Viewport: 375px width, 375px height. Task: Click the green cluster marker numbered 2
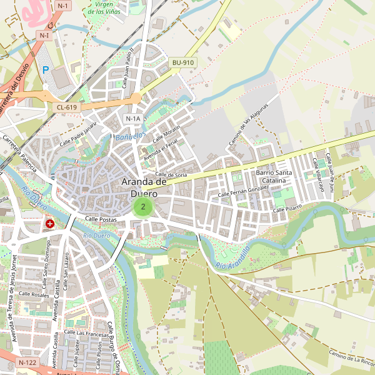pyautogui.click(x=144, y=206)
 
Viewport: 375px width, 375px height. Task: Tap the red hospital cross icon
pyautogui.click(x=49, y=223)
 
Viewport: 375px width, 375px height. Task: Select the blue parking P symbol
pyautogui.click(x=45, y=71)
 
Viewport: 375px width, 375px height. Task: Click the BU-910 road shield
pyautogui.click(x=183, y=62)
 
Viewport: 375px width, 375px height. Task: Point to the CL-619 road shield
pyautogui.click(x=66, y=107)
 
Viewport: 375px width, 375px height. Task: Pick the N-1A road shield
pyautogui.click(x=133, y=118)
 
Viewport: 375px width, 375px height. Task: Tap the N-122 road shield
pyautogui.click(x=27, y=362)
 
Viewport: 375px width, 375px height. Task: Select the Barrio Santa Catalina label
pyautogui.click(x=274, y=176)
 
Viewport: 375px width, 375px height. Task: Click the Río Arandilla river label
pyautogui.click(x=232, y=257)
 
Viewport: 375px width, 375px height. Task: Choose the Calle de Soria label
pyautogui.click(x=171, y=175)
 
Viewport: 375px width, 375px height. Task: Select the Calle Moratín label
pyautogui.click(x=167, y=133)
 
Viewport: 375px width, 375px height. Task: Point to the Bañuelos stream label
pyautogui.click(x=131, y=136)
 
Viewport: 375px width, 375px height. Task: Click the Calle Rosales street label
pyautogui.click(x=34, y=294)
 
